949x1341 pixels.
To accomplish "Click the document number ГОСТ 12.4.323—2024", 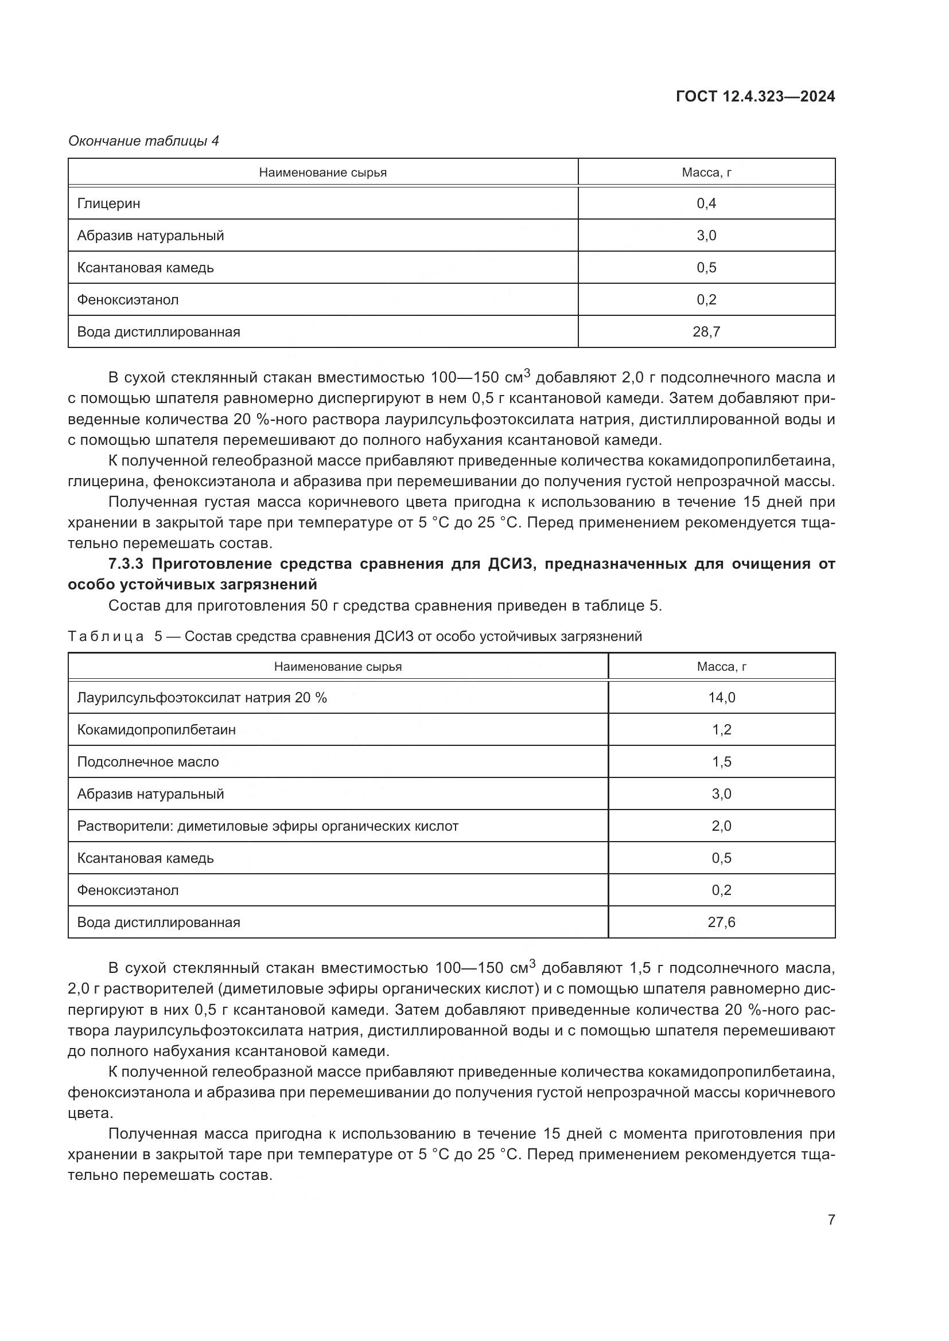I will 755,97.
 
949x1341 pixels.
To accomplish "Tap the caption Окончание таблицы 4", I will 144,141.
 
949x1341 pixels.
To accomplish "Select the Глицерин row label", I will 108,204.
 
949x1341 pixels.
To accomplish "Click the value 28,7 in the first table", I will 706,332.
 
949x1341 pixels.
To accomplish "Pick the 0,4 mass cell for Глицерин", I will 706,204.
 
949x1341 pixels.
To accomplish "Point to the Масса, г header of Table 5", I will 721,666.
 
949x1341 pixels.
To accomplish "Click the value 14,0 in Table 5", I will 721,697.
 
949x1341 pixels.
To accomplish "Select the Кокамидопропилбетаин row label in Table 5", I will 156,729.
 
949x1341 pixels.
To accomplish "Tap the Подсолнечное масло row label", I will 148,761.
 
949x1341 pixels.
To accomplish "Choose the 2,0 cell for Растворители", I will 721,826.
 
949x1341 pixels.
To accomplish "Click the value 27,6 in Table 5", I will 721,922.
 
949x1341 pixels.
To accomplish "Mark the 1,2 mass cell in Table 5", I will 721,729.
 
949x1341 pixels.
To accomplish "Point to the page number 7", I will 831,1219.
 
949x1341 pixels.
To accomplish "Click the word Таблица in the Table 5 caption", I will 106,636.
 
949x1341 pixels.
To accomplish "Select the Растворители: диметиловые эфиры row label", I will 267,826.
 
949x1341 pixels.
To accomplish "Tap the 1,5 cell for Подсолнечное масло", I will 721,761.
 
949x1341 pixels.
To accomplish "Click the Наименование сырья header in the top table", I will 322,173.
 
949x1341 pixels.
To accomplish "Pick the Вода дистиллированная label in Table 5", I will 158,922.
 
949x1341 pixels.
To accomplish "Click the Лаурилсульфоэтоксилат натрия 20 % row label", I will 201,697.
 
